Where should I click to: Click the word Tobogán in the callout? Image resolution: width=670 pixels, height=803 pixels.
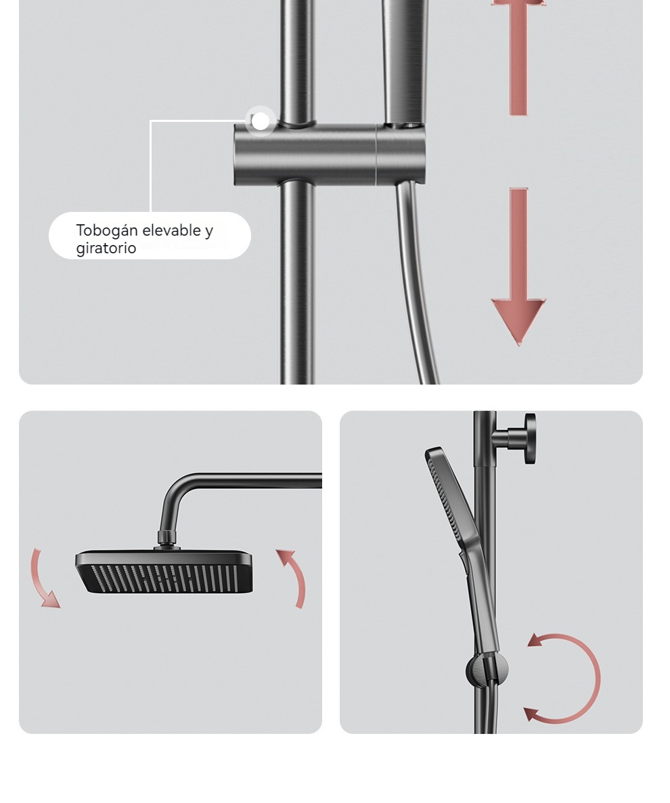(x=107, y=231)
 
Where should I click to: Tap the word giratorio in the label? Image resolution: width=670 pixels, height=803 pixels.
(x=106, y=248)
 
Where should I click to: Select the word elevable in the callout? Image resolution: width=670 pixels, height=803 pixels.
(x=171, y=230)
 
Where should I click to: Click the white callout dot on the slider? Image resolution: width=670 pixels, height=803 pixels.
(x=261, y=121)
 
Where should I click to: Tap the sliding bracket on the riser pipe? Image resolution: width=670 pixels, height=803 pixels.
(x=330, y=154)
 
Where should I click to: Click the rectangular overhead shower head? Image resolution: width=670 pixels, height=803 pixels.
(x=164, y=571)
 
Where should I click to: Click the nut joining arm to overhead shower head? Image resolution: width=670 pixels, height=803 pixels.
(x=166, y=538)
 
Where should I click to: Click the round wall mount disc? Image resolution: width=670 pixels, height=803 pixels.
(x=530, y=439)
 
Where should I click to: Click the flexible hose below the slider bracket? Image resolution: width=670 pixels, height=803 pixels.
(x=415, y=282)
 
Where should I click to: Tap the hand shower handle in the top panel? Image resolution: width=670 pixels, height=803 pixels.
(x=404, y=62)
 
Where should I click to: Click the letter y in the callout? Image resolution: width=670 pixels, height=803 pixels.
(x=209, y=232)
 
